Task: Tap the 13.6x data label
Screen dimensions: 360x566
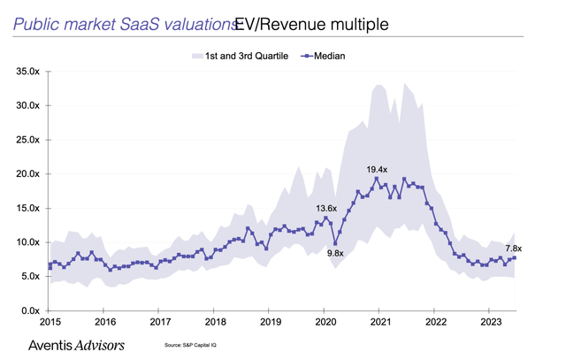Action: pyautogui.click(x=329, y=208)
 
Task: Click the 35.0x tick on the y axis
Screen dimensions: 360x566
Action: pyautogui.click(x=26, y=71)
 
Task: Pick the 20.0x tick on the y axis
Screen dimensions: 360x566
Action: pyautogui.click(x=26, y=173)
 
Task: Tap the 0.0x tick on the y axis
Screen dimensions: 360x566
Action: pyautogui.click(x=28, y=310)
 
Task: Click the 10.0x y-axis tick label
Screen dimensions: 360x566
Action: pyautogui.click(x=26, y=242)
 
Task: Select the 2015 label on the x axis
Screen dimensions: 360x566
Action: pyautogui.click(x=49, y=323)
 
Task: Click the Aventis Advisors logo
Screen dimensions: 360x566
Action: pyautogui.click(x=77, y=343)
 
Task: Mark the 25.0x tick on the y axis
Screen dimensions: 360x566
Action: pyautogui.click(x=26, y=140)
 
